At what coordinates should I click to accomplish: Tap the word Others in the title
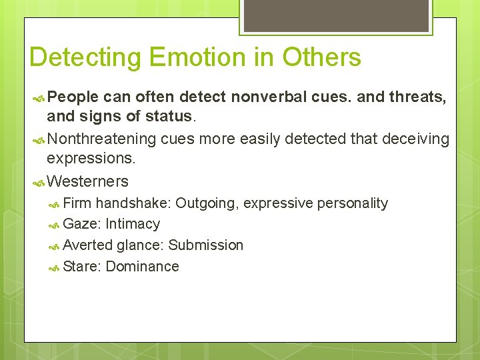click(x=321, y=57)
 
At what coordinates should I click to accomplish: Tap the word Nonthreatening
click(x=102, y=139)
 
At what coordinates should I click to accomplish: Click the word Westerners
click(x=88, y=181)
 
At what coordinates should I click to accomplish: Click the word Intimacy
click(x=133, y=224)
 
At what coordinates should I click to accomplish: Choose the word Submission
click(x=206, y=245)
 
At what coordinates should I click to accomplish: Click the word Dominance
click(x=142, y=267)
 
